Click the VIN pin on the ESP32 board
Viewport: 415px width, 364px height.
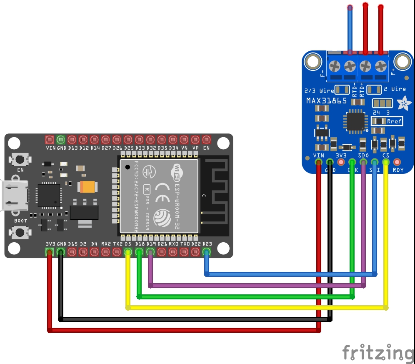click(x=50, y=139)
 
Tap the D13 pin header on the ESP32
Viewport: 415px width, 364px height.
click(x=72, y=139)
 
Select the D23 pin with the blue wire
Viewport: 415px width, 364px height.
click(x=206, y=252)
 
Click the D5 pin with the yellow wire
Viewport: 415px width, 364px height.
click(x=128, y=252)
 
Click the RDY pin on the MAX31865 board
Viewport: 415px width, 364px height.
click(x=397, y=162)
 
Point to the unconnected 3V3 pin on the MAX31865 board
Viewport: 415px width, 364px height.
click(x=341, y=162)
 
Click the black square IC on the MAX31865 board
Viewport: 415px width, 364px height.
click(x=354, y=121)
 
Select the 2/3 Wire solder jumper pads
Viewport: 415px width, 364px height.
click(x=342, y=90)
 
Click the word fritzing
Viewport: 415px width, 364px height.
click(x=377, y=353)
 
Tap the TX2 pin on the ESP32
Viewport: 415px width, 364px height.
click(x=117, y=252)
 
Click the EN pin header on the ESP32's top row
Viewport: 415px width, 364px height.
click(x=206, y=139)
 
